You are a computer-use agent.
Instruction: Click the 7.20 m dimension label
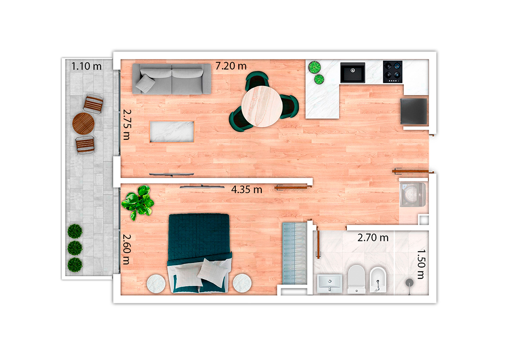click(231, 66)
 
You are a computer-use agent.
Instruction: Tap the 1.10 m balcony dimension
click(87, 66)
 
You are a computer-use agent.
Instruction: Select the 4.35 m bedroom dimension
click(247, 190)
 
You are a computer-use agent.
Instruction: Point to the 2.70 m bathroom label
click(373, 238)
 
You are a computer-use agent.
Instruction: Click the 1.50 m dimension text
click(421, 264)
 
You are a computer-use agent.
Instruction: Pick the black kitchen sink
click(352, 73)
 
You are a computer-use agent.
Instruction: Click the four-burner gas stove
click(393, 72)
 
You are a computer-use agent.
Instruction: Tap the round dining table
click(262, 106)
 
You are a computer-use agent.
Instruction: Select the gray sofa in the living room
click(172, 79)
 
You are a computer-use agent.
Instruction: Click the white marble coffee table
click(172, 132)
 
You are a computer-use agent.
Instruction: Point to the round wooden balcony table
click(83, 124)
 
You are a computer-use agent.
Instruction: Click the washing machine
click(413, 195)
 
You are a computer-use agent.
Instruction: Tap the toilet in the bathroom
click(356, 279)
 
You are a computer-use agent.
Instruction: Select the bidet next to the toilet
click(378, 280)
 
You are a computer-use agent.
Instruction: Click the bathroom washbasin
click(330, 283)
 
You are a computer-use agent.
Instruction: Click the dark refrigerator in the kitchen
click(414, 111)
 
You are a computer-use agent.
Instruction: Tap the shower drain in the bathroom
click(409, 283)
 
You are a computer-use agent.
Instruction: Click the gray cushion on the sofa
click(146, 84)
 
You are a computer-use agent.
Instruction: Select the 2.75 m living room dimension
click(127, 125)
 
